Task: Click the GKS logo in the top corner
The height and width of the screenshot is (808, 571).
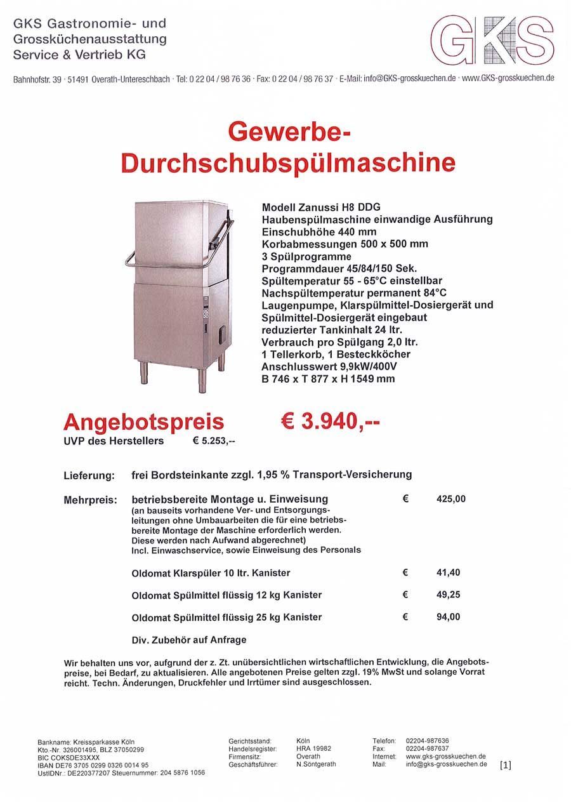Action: (492, 40)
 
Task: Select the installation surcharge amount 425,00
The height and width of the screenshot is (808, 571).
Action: (451, 499)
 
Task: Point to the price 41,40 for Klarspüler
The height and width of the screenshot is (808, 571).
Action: (449, 573)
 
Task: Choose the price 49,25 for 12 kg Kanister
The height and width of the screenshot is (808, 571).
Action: (449, 595)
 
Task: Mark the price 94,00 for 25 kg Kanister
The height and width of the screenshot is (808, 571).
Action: (449, 617)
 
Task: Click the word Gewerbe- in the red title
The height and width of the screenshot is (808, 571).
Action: (288, 135)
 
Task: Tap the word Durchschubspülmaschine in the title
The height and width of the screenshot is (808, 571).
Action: (288, 162)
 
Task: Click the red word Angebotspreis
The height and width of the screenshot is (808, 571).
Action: (144, 421)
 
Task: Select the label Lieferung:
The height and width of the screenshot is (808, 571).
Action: (89, 475)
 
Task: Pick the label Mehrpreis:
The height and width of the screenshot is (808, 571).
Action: (90, 500)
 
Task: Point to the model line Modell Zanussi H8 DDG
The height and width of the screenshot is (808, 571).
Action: (321, 208)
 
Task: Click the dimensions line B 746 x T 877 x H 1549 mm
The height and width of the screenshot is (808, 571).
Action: (328, 379)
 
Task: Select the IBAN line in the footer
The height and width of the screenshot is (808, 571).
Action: (93, 765)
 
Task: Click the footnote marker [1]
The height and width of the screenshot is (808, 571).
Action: (505, 765)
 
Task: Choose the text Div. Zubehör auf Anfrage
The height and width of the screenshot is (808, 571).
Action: (189, 640)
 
